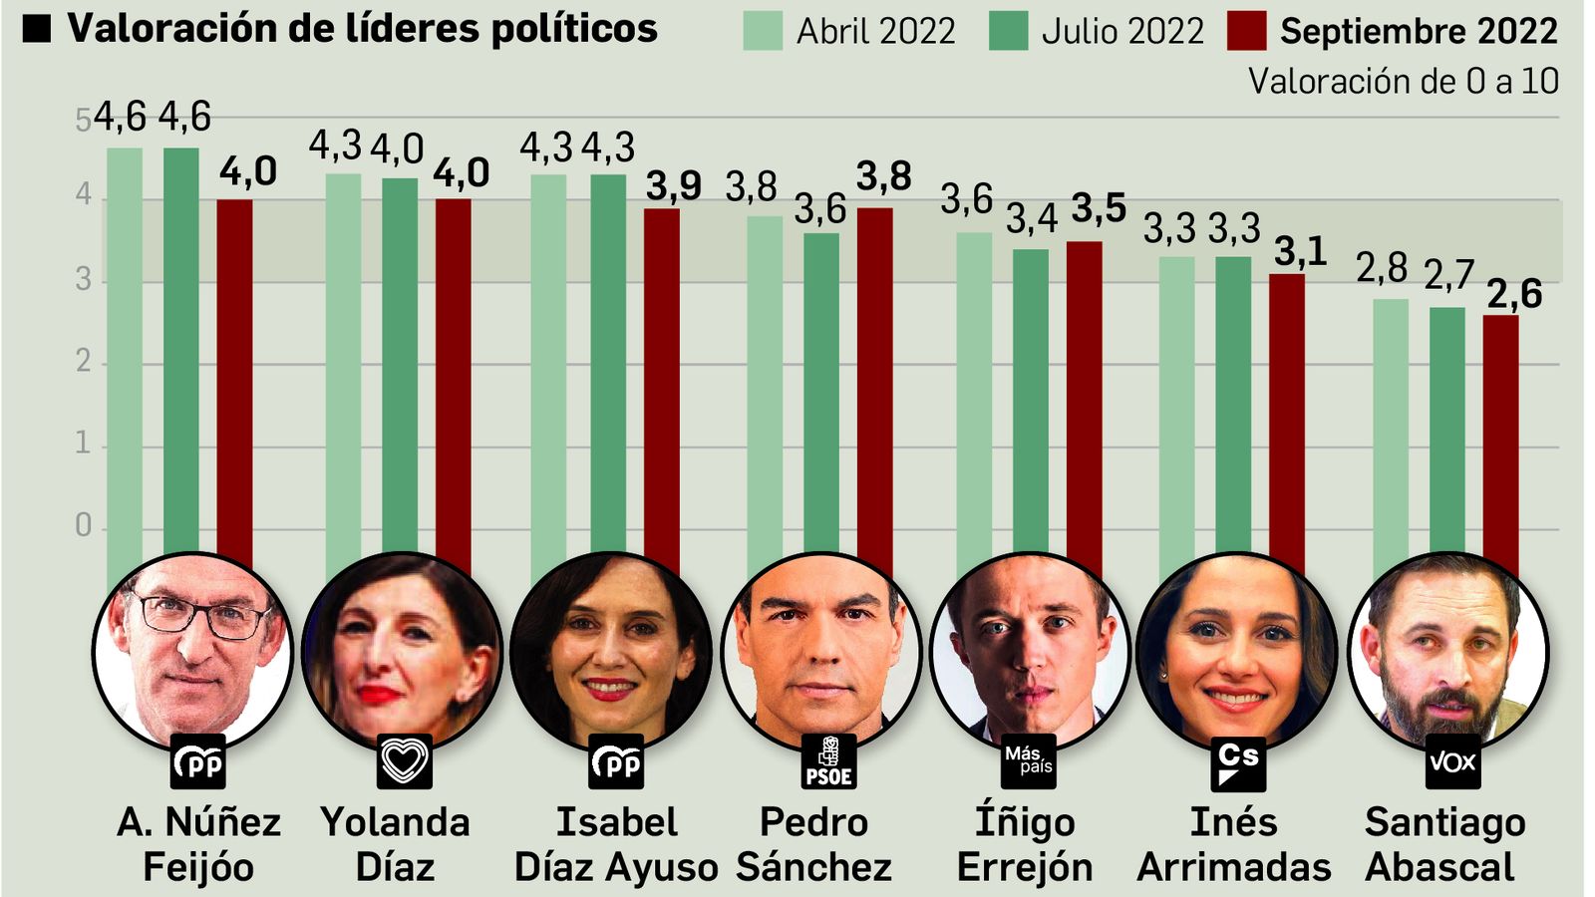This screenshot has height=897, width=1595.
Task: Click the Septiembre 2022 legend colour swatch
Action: click(1246, 31)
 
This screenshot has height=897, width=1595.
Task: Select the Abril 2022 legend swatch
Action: click(763, 31)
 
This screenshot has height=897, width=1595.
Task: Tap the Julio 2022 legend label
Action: click(1122, 31)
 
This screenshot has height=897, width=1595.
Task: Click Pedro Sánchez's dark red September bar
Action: click(874, 389)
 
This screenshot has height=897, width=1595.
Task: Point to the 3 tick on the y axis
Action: click(84, 280)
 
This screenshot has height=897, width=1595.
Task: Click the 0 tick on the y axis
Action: click(84, 525)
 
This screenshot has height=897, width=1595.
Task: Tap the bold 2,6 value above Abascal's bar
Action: click(1514, 294)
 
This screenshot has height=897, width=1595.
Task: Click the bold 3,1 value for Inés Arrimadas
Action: click(1300, 252)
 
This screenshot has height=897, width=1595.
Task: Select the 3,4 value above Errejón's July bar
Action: click(1031, 218)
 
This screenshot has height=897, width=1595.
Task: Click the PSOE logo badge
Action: click(828, 761)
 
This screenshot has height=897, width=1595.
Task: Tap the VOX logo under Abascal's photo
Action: click(1451, 761)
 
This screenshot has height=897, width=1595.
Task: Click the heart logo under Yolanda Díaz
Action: click(404, 761)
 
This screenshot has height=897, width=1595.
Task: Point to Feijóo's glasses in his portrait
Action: click(199, 615)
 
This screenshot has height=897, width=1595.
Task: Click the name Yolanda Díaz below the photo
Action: click(395, 844)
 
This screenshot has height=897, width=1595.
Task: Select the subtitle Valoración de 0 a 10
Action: click(1403, 81)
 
